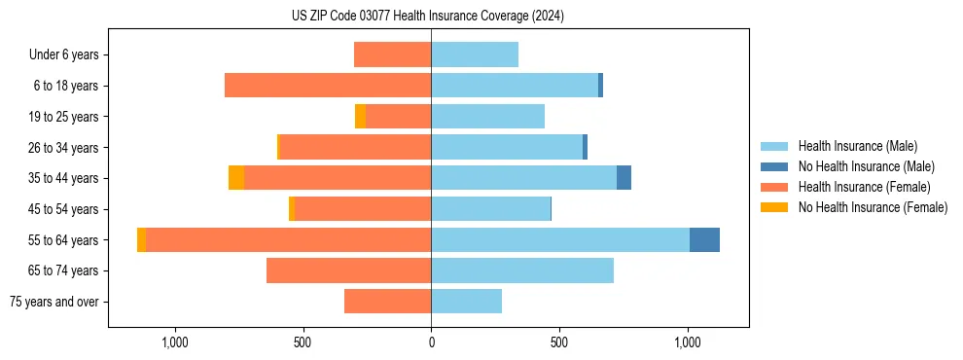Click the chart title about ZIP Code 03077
(427, 16)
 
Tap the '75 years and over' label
(54, 302)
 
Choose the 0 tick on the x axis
(431, 342)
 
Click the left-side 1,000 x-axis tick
(174, 342)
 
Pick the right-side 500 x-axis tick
(558, 342)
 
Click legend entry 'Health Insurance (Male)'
(857, 147)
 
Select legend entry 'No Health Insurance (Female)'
(873, 206)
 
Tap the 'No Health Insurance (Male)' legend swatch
(774, 166)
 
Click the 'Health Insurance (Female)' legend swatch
(774, 187)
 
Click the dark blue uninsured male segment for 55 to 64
(704, 239)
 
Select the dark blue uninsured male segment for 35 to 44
(624, 178)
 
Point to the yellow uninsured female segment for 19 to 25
(360, 117)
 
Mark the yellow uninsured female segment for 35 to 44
(236, 178)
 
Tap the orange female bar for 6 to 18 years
(328, 86)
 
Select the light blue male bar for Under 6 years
(475, 54)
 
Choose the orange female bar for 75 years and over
(387, 302)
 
